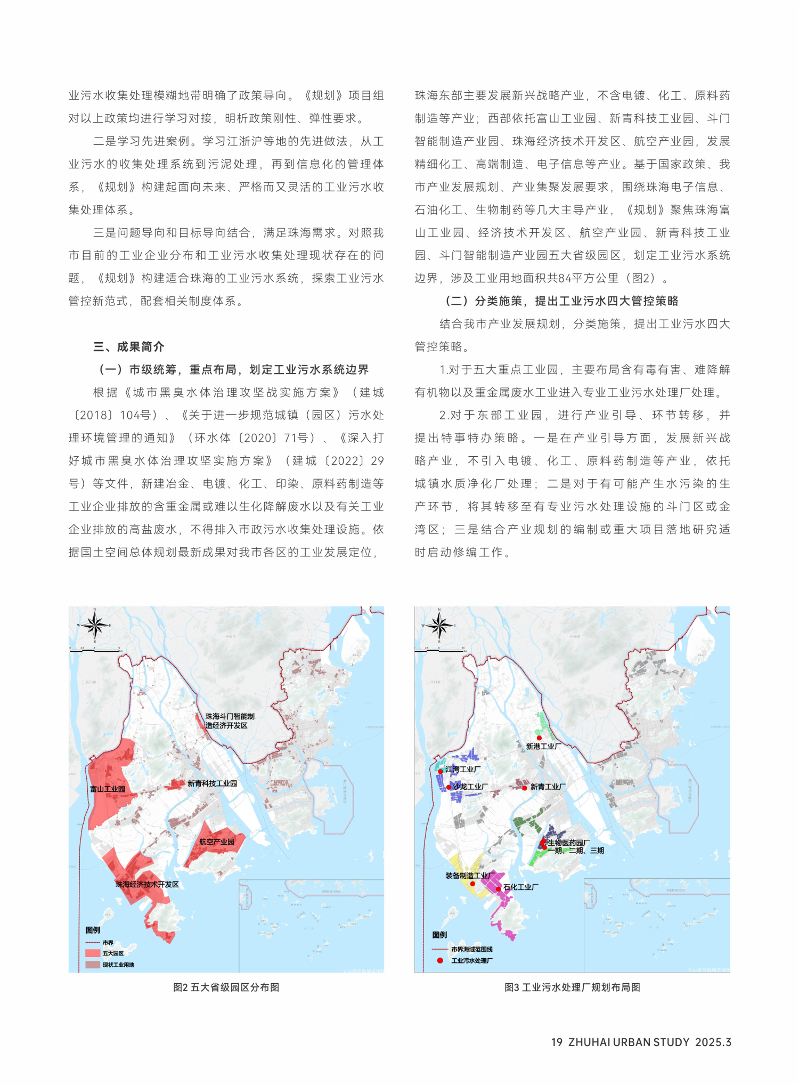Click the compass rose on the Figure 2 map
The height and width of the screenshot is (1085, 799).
(95, 625)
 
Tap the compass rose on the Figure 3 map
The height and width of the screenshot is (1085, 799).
(439, 625)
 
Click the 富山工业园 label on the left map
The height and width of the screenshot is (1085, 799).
(108, 789)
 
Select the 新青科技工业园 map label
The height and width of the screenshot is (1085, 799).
(212, 783)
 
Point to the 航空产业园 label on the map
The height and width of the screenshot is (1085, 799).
(217, 842)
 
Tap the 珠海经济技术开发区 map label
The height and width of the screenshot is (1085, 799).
(147, 885)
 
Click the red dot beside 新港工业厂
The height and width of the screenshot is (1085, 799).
(539, 738)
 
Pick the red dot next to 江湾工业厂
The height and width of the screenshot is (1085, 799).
(441, 771)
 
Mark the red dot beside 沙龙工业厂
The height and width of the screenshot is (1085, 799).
(449, 787)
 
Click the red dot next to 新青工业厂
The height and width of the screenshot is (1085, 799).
(525, 788)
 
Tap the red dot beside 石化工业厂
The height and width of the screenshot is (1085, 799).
(499, 889)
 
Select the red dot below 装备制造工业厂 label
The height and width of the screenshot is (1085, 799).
(472, 884)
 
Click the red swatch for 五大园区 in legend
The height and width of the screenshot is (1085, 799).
(93, 953)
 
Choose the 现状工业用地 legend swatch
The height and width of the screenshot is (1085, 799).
(93, 965)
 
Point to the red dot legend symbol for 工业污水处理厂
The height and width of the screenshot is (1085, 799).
(440, 961)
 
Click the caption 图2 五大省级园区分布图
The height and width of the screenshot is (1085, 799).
(226, 987)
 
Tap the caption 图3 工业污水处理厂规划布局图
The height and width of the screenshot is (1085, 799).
(572, 987)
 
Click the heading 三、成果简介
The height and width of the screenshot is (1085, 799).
(128, 347)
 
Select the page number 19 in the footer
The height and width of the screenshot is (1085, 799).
(557, 1042)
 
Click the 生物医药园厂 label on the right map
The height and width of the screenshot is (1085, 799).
(568, 843)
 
